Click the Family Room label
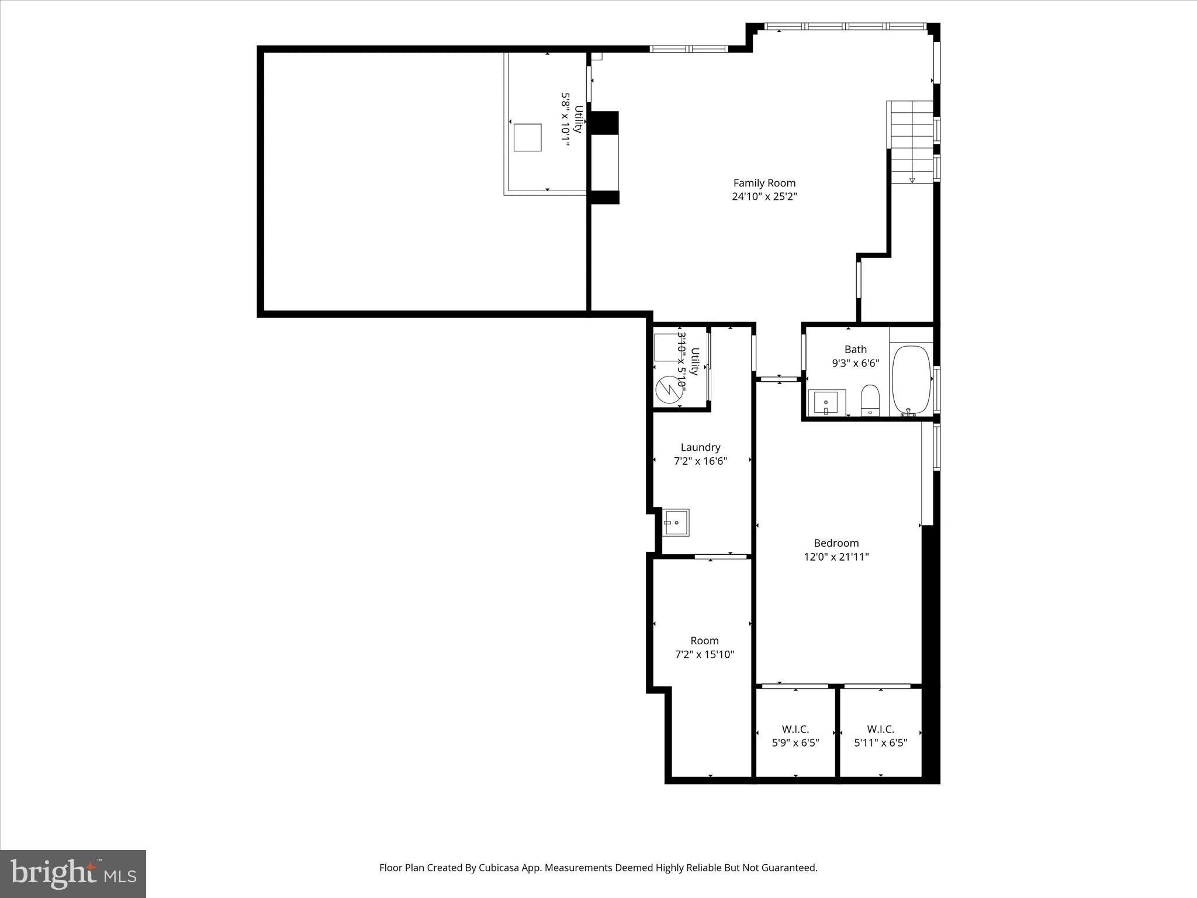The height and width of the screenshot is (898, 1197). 764,183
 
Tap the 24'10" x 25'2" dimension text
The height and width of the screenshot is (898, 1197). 764,197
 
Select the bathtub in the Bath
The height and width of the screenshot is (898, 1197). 911,381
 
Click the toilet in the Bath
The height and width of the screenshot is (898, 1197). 870,400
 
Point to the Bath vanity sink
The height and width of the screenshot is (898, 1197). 826,403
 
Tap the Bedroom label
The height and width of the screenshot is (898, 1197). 836,543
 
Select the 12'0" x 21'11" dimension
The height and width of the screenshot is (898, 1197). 836,557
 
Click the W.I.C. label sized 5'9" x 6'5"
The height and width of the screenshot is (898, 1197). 795,729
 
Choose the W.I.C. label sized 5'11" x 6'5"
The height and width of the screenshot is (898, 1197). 880,729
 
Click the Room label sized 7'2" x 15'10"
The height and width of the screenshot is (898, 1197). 704,641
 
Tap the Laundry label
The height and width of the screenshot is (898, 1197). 700,447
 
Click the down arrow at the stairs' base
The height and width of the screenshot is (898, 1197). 912,179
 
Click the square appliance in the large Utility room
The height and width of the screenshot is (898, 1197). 527,137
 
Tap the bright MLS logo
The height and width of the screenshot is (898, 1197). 73,873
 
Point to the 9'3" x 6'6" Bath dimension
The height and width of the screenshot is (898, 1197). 855,363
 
